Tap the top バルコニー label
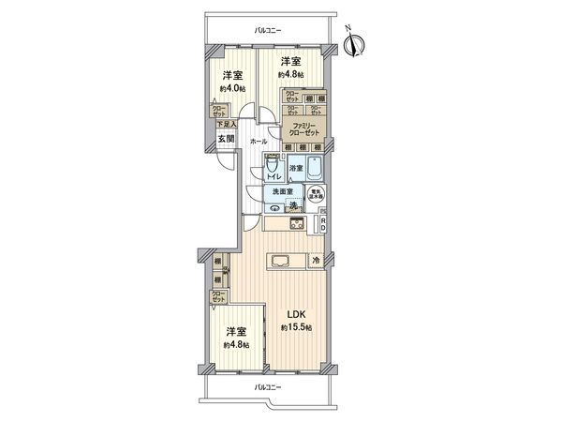click(268, 31)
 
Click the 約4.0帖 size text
click(232, 88)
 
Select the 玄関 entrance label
click(226, 139)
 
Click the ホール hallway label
click(258, 141)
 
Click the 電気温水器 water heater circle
click(318, 195)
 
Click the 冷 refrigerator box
click(316, 260)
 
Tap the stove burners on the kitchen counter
click(294, 224)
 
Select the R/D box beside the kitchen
click(322, 223)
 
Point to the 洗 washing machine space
click(292, 204)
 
